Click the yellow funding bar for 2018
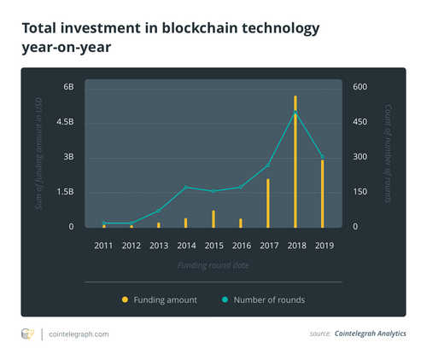coord(295,162)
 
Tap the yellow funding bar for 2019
coord(322,193)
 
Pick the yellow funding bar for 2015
coord(213,219)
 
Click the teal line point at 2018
coord(295,113)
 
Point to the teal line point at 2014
coord(185,187)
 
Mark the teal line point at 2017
coord(267,165)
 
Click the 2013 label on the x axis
coord(158,246)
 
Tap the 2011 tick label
coord(103,246)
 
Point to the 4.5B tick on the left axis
coord(65,122)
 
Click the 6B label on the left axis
coord(68,87)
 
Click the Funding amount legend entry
coord(166,299)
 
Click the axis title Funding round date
coord(213,266)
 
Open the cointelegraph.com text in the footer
coord(79,334)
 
